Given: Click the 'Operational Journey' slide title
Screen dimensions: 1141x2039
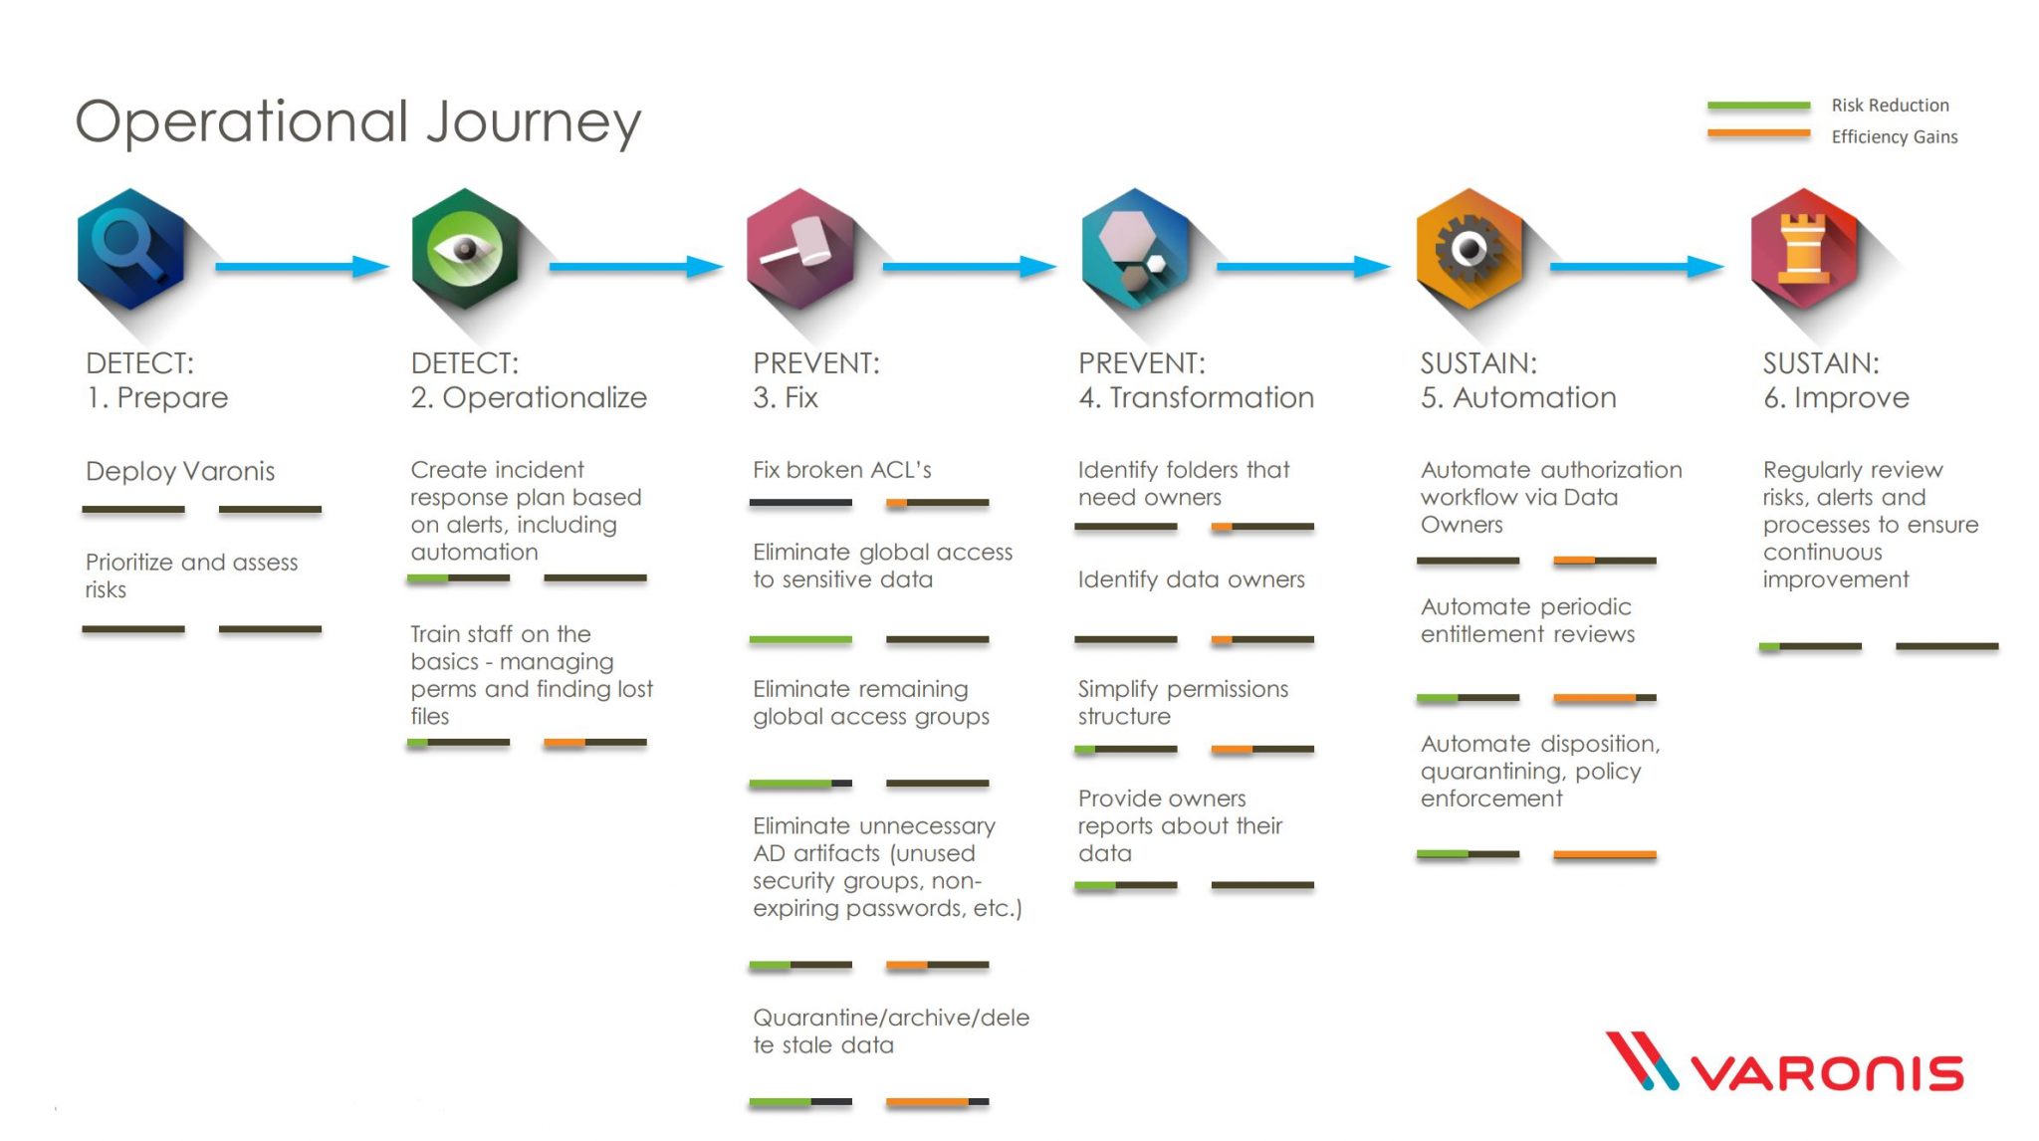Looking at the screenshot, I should (x=358, y=121).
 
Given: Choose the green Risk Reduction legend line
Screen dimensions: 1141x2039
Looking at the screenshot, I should (x=1758, y=105).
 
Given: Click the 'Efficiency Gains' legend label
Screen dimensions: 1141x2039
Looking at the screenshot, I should (x=1894, y=137).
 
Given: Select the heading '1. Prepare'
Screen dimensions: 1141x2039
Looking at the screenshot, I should (x=157, y=397).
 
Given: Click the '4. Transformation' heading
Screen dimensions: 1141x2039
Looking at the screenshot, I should (x=1196, y=397).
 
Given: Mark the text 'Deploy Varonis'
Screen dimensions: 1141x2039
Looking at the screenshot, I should (x=180, y=471).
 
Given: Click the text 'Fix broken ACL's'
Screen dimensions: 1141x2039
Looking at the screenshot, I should (x=841, y=470).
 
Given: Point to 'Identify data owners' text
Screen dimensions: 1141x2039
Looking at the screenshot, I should (x=1191, y=579).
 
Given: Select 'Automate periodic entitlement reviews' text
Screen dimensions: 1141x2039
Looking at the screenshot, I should (x=1527, y=620).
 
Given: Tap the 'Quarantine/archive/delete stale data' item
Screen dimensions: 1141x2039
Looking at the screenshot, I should (x=890, y=1031).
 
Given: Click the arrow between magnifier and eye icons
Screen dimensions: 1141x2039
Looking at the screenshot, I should (x=301, y=266).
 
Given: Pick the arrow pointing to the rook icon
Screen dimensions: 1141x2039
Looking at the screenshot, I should (x=1637, y=266).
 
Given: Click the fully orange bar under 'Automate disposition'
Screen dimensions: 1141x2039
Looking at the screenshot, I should (x=1604, y=854).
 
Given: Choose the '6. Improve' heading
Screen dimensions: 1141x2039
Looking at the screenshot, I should (x=1836, y=397).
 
